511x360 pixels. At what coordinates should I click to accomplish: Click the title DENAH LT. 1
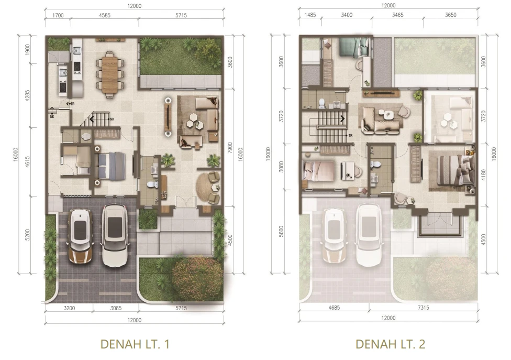tap(135, 344)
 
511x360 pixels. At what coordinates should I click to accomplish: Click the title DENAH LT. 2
tap(390, 344)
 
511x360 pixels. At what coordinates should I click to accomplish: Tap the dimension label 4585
tap(105, 15)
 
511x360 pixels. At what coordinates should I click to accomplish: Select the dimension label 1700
tap(58, 15)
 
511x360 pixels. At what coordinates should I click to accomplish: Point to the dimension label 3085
tap(116, 308)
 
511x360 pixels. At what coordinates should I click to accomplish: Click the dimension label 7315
tap(424, 308)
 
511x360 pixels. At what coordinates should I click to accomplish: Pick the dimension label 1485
tap(310, 15)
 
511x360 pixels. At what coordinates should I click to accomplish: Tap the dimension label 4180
tap(483, 175)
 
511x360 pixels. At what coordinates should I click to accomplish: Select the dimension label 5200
tap(27, 235)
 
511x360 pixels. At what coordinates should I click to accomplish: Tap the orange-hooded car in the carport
tap(80, 236)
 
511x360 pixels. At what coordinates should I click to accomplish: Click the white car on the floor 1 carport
tap(115, 235)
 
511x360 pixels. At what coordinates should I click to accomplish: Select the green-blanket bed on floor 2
tap(354, 47)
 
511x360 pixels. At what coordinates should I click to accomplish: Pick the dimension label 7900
tap(230, 148)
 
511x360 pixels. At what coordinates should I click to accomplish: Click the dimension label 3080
tap(281, 167)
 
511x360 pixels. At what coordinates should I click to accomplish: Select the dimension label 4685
tap(334, 308)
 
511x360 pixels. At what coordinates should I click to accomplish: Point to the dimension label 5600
tap(281, 231)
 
